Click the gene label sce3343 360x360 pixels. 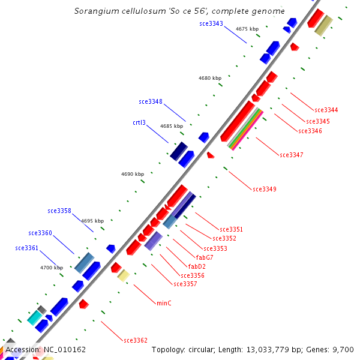coord(211,24)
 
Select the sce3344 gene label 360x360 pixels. coord(326,110)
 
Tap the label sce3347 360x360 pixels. coord(291,155)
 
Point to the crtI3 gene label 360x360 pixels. coord(139,122)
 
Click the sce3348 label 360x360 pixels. coord(150,101)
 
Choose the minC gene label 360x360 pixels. coord(164,303)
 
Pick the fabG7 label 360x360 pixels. coord(205,257)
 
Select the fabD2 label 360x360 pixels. coord(197,266)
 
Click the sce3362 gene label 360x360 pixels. coord(136,340)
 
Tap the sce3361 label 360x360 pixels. coord(26,248)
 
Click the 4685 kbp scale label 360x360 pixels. coord(171,126)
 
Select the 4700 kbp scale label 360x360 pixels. coord(51,268)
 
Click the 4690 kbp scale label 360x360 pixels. coord(132,174)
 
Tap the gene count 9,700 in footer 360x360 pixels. coord(343,349)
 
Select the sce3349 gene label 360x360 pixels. coord(264,189)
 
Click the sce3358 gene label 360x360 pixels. coord(59,211)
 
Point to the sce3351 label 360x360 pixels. coord(231,229)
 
